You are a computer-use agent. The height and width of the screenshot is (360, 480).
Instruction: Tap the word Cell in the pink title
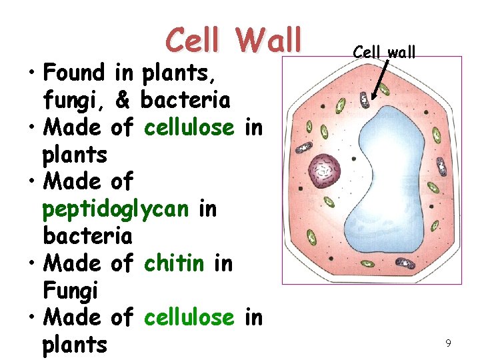pos(197,40)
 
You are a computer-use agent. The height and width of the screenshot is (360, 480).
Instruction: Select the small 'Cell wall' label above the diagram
pos(385,51)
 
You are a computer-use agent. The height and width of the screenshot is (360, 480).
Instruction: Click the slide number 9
pos(449,343)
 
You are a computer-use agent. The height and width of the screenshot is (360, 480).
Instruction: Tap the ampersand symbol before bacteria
pos(123,100)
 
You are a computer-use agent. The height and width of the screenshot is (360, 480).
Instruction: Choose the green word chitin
pos(174,263)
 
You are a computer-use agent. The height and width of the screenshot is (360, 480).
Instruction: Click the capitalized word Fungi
pos(70,291)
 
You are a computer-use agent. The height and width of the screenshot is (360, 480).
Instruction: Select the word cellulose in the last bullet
pos(189,318)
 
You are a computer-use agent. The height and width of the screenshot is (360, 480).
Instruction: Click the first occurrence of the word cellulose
pos(189,127)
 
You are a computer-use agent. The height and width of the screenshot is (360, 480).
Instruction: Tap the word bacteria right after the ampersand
pos(186,100)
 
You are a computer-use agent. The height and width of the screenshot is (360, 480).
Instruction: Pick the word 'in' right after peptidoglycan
pos(207,209)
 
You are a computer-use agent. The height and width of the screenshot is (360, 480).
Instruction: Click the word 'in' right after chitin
pos(223,263)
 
